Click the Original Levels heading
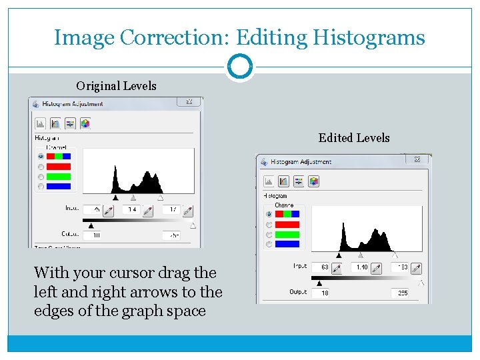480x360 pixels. pyautogui.click(x=116, y=85)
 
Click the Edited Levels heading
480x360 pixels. pyautogui.click(x=354, y=137)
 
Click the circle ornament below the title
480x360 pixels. pyautogui.click(x=239, y=67)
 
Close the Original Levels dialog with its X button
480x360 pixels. pyautogui.click(x=189, y=102)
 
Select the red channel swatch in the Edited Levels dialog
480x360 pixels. pyautogui.click(x=287, y=225)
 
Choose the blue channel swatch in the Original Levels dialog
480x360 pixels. pyautogui.click(x=58, y=187)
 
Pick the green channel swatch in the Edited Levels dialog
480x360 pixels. pyautogui.click(x=287, y=235)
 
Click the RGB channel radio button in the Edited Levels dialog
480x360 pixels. pyautogui.click(x=269, y=215)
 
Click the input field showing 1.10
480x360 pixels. pyautogui.click(x=361, y=267)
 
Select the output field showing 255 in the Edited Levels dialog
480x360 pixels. pyautogui.click(x=401, y=293)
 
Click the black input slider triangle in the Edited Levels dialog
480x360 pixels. pyautogui.click(x=339, y=255)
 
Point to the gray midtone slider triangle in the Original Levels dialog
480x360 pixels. pyautogui.click(x=133, y=198)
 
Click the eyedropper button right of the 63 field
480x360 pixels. pyautogui.click(x=337, y=268)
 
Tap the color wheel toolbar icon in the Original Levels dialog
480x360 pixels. pyautogui.click(x=85, y=123)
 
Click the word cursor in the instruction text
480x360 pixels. pyautogui.click(x=123, y=273)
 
